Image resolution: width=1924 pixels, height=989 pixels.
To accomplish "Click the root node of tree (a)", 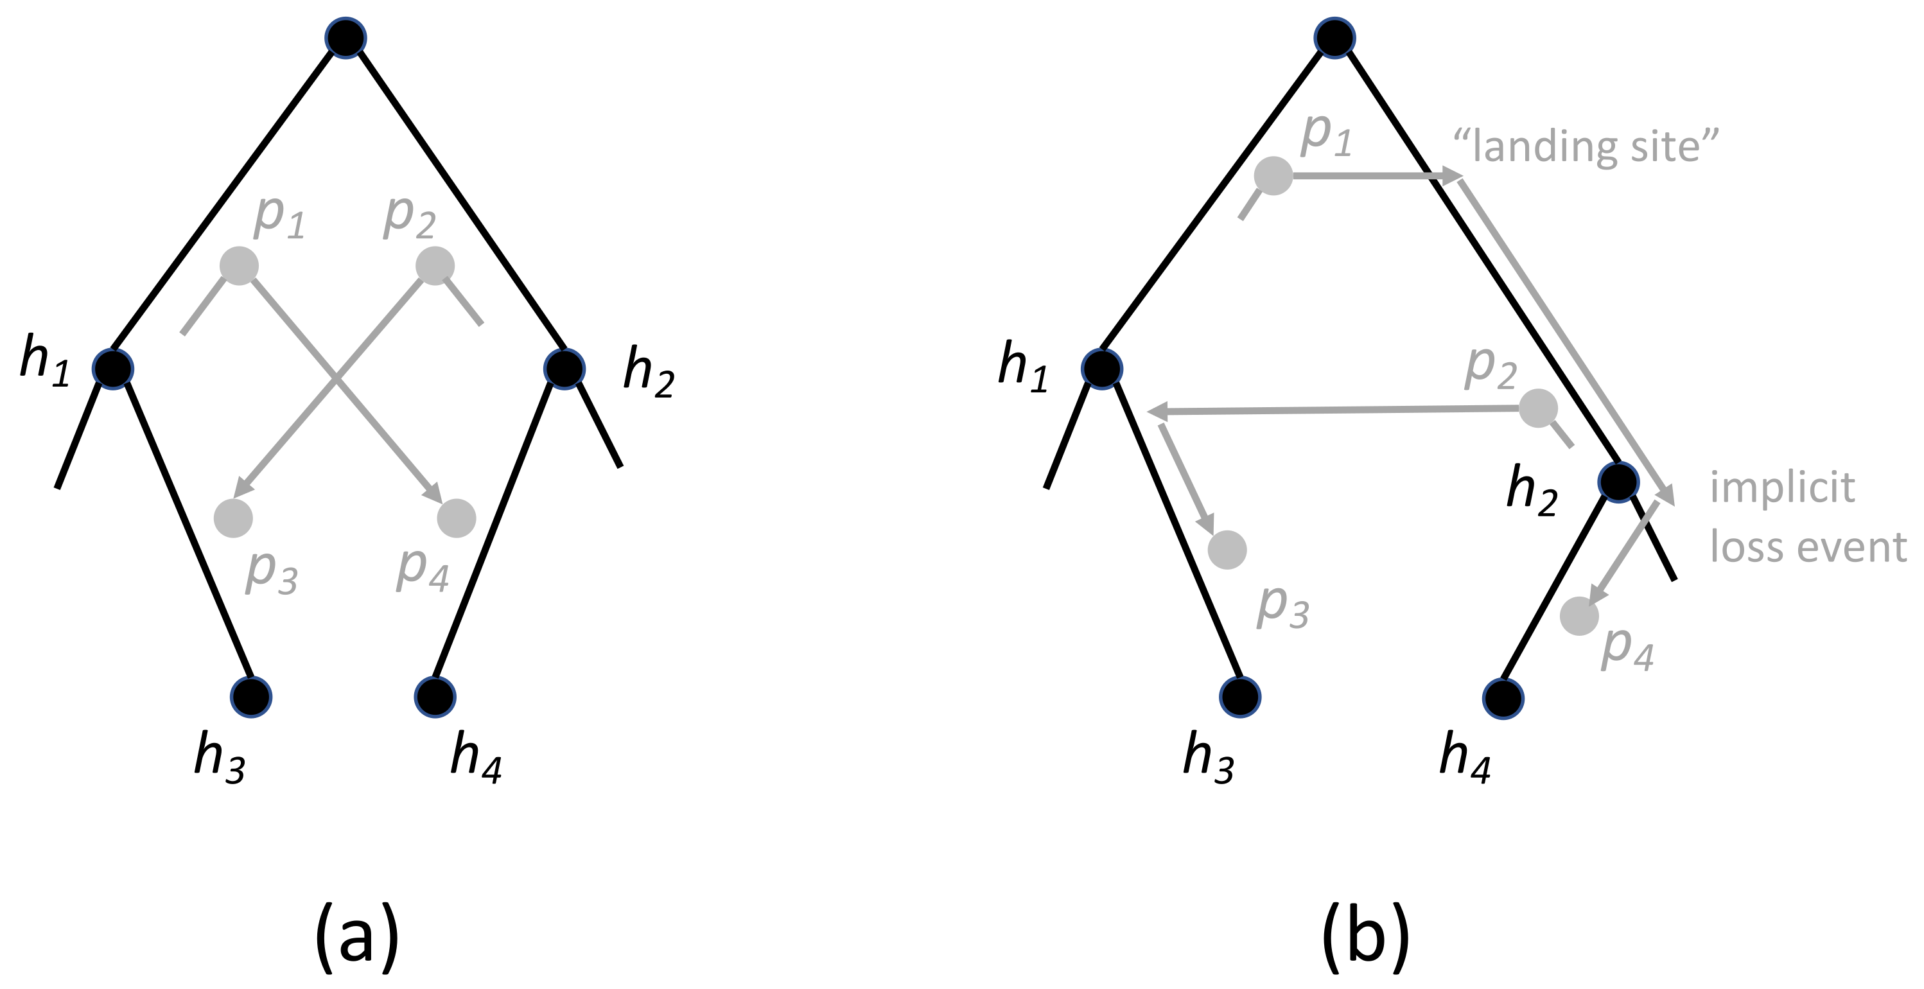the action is point(345,38).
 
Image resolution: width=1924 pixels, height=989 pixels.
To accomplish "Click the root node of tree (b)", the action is point(1334,38).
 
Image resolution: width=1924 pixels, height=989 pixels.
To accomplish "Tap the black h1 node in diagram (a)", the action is point(113,368).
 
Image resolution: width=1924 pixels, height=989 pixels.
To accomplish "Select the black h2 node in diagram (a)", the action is point(564,368).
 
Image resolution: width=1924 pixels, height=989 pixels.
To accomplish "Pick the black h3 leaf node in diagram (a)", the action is point(251,697).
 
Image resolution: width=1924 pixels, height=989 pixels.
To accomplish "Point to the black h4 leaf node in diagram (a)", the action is point(435,697).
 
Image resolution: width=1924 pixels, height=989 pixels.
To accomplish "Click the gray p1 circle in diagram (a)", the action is point(239,265).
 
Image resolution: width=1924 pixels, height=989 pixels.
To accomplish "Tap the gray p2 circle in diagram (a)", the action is point(435,265).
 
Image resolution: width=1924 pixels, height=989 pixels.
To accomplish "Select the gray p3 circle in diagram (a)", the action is point(233,518).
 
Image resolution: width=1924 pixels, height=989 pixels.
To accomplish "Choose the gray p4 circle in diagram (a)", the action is point(457,518).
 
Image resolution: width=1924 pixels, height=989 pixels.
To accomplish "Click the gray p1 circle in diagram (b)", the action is point(1273,175).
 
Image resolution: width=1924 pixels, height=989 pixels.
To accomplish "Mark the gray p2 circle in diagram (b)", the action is point(1539,408).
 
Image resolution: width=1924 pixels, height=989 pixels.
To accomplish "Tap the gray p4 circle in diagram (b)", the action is point(1579,617).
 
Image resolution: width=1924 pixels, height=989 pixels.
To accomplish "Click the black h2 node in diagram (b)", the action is point(1618,481).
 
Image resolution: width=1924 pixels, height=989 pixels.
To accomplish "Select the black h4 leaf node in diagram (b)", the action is point(1503,699).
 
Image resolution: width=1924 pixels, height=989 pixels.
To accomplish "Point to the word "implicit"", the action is point(1782,489).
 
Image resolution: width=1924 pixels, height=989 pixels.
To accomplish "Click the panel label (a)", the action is point(357,937).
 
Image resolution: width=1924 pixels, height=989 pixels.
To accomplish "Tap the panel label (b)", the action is point(1365,937).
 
